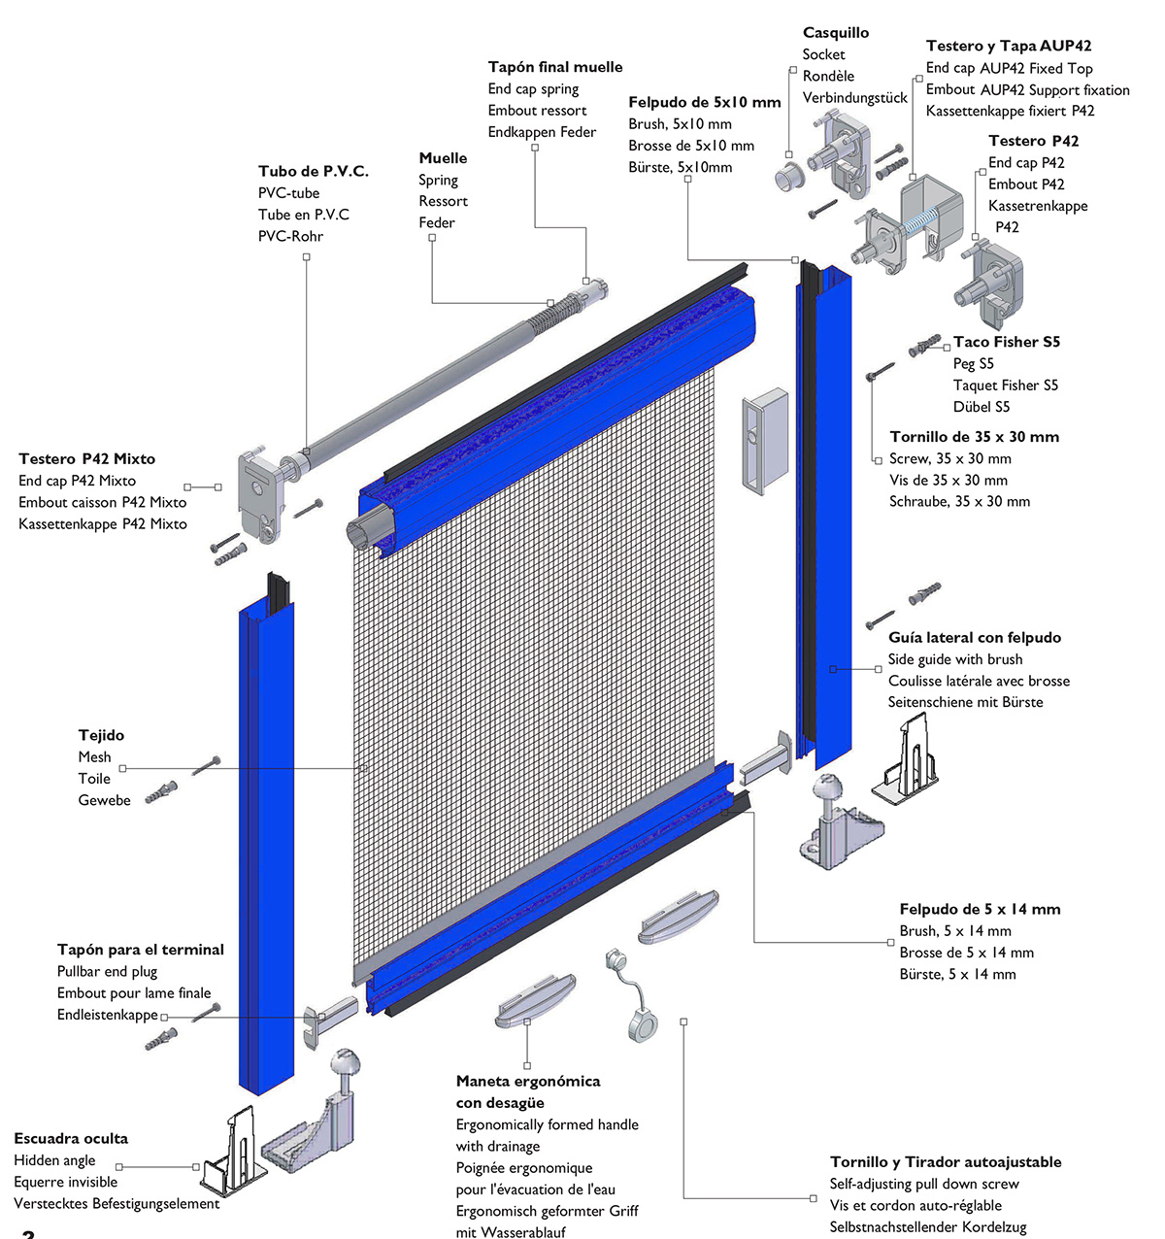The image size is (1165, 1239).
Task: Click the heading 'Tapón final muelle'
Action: tap(555, 67)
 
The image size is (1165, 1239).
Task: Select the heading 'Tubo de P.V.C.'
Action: tap(313, 171)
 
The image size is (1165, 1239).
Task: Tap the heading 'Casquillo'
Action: tap(836, 33)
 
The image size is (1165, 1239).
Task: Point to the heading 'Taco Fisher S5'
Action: tap(1007, 342)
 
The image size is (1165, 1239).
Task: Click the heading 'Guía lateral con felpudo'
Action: tap(975, 638)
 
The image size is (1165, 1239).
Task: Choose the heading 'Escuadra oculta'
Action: tap(71, 1139)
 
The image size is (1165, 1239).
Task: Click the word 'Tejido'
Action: tap(101, 736)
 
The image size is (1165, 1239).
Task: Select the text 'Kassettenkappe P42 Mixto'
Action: tap(103, 524)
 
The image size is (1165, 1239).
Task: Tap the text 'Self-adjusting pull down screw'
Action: tap(924, 1185)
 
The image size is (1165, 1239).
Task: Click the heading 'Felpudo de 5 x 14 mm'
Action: tap(980, 910)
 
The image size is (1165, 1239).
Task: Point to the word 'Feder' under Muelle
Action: tap(437, 223)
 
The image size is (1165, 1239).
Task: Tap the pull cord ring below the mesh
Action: tap(641, 1023)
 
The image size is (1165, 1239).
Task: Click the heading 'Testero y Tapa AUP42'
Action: tap(1009, 46)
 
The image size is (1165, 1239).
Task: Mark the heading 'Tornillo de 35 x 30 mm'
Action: tap(974, 437)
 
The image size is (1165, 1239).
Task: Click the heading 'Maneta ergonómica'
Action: tap(528, 1082)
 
